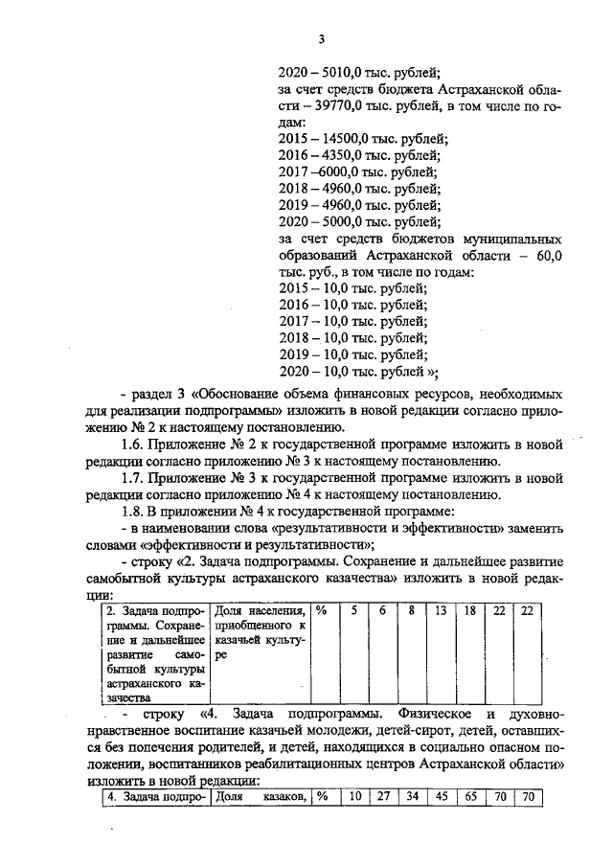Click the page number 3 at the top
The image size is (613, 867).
(x=322, y=38)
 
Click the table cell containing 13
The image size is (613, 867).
(x=442, y=610)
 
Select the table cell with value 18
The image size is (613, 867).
(x=470, y=610)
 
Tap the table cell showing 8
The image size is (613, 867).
(x=412, y=610)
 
